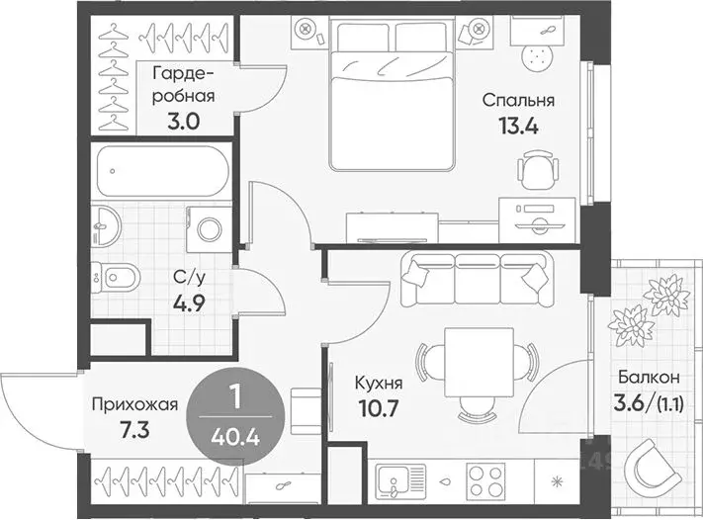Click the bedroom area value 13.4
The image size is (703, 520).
tap(518, 127)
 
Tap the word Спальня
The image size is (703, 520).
tap(518, 100)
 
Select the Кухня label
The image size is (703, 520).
tap(379, 384)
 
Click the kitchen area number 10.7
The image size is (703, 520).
tap(379, 408)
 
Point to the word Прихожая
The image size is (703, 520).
tap(134, 404)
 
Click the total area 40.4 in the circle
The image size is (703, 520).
tap(235, 436)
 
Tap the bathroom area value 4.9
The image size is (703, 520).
tap(189, 303)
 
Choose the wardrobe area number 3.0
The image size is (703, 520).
tap(183, 122)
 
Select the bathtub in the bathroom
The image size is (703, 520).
tap(163, 171)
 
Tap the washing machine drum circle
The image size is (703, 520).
tap(210, 229)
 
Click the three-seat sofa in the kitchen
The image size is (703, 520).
tap(477, 279)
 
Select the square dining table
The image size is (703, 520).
tap(479, 362)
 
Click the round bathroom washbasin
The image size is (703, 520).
tap(106, 225)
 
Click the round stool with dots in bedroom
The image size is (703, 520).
tap(536, 57)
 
